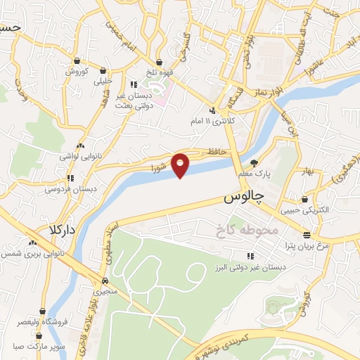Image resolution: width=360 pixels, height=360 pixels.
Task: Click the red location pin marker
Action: (x=181, y=165)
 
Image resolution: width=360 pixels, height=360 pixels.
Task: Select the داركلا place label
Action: (x=63, y=229)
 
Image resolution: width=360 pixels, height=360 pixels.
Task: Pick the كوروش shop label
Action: (x=75, y=72)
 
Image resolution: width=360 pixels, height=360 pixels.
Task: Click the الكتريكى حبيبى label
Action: (x=299, y=210)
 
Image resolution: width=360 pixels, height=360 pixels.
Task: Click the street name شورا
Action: (x=160, y=168)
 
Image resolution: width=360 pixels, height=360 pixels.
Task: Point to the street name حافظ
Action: (x=215, y=152)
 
